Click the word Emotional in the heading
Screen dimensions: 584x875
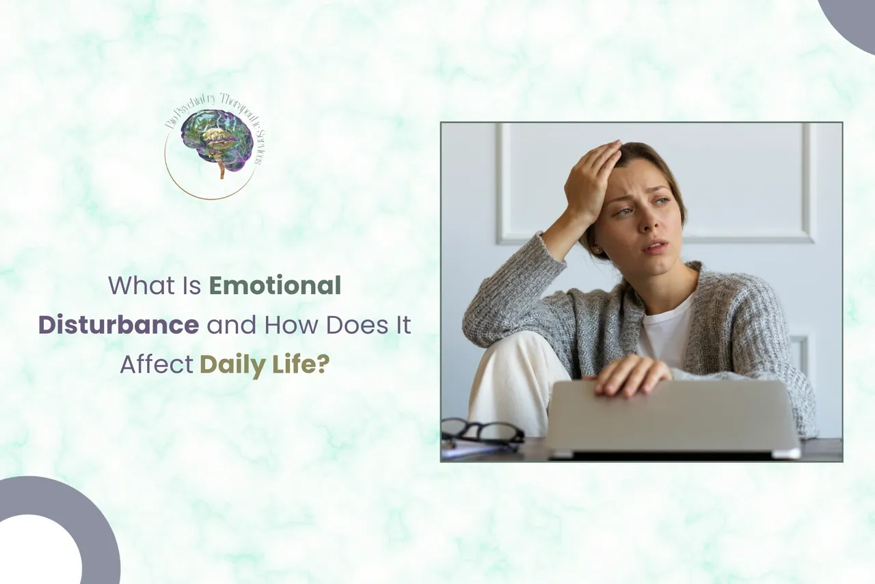coord(275,286)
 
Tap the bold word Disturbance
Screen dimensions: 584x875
coord(118,326)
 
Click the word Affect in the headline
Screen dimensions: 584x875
coord(156,365)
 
